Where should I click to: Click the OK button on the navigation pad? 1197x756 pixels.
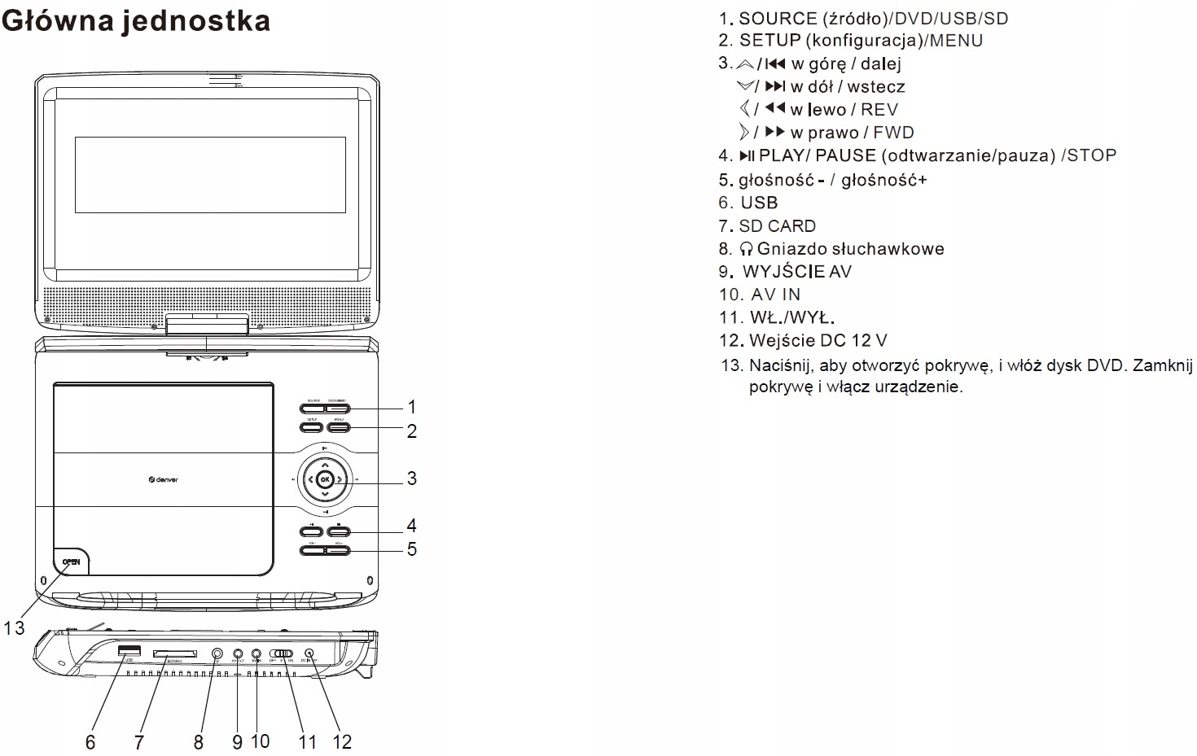[325, 479]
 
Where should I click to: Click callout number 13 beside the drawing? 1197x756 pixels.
[14, 628]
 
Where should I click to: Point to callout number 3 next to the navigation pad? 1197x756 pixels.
[412, 479]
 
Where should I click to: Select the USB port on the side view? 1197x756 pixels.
[129, 650]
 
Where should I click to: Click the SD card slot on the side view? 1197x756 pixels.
[174, 653]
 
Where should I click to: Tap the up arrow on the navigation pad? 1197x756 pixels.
[325, 465]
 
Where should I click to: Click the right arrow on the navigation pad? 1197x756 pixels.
[340, 479]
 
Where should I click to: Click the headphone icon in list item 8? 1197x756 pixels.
[746, 249]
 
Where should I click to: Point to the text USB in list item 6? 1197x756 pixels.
[759, 203]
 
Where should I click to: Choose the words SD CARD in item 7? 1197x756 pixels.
[777, 226]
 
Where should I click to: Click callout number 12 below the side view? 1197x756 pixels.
[342, 741]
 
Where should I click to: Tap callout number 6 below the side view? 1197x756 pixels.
[90, 742]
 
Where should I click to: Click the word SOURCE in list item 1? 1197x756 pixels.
[778, 19]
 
